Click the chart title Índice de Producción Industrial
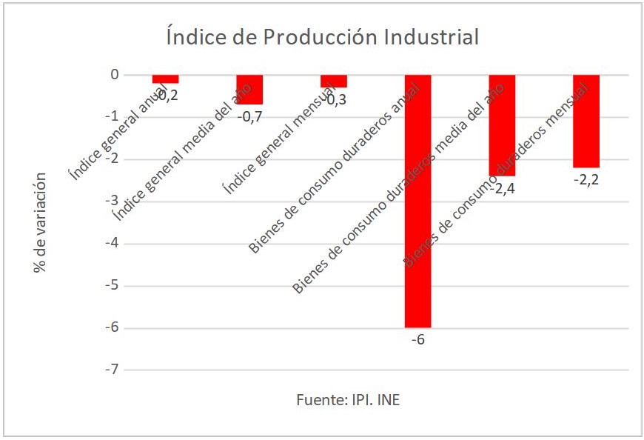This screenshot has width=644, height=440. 322,36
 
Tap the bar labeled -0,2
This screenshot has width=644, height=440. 165,79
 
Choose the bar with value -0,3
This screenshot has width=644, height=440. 333,81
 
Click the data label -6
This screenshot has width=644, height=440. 418,340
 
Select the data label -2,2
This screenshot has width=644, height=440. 586,179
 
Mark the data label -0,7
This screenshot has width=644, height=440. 250,116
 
